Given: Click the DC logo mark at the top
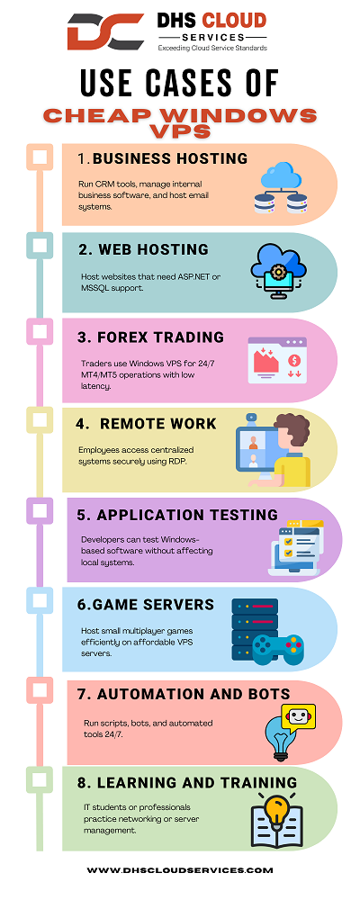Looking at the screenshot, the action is pyautogui.click(x=105, y=32).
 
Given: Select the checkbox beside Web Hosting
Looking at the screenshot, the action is pyautogui.click(x=39, y=246).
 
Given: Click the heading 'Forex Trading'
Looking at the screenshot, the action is pyautogui.click(x=151, y=337).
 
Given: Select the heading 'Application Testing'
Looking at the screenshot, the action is pyautogui.click(x=177, y=515).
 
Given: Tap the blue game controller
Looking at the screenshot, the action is pyautogui.click(x=279, y=648).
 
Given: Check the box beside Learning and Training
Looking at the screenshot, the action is pyautogui.click(x=39, y=779).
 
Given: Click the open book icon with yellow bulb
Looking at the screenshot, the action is pyautogui.click(x=277, y=822).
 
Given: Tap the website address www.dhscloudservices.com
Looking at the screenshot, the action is pyautogui.click(x=180, y=870).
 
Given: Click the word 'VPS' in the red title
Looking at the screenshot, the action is pyautogui.click(x=180, y=131).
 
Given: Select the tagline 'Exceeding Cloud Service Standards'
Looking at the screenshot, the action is pyautogui.click(x=212, y=49).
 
